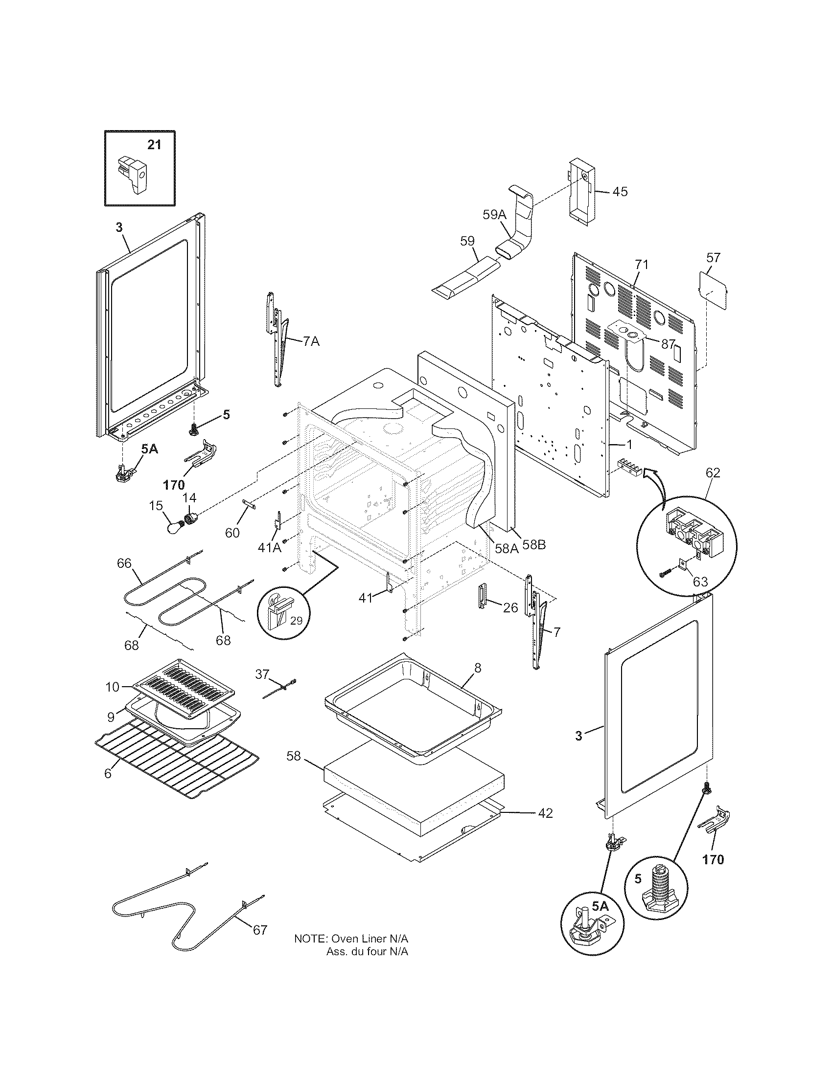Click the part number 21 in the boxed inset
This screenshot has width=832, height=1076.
pos(154,145)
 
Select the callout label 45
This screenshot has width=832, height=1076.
pos(620,192)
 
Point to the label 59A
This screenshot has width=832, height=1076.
pos(494,215)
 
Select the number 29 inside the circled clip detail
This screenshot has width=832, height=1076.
pos(296,621)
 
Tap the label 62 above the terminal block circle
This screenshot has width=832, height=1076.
pos(713,473)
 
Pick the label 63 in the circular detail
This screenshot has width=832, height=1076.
pos(700,582)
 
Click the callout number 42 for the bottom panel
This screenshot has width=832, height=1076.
pos(545,813)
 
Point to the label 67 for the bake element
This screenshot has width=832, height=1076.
pos(260,930)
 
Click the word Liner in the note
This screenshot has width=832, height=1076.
pos(374,939)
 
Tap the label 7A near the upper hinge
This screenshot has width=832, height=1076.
pos(310,341)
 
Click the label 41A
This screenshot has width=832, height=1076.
pos(270,547)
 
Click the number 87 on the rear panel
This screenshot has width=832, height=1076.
pos(668,344)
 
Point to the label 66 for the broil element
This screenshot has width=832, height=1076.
pos(124,563)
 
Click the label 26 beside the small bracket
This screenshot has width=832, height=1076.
pos(510,608)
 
